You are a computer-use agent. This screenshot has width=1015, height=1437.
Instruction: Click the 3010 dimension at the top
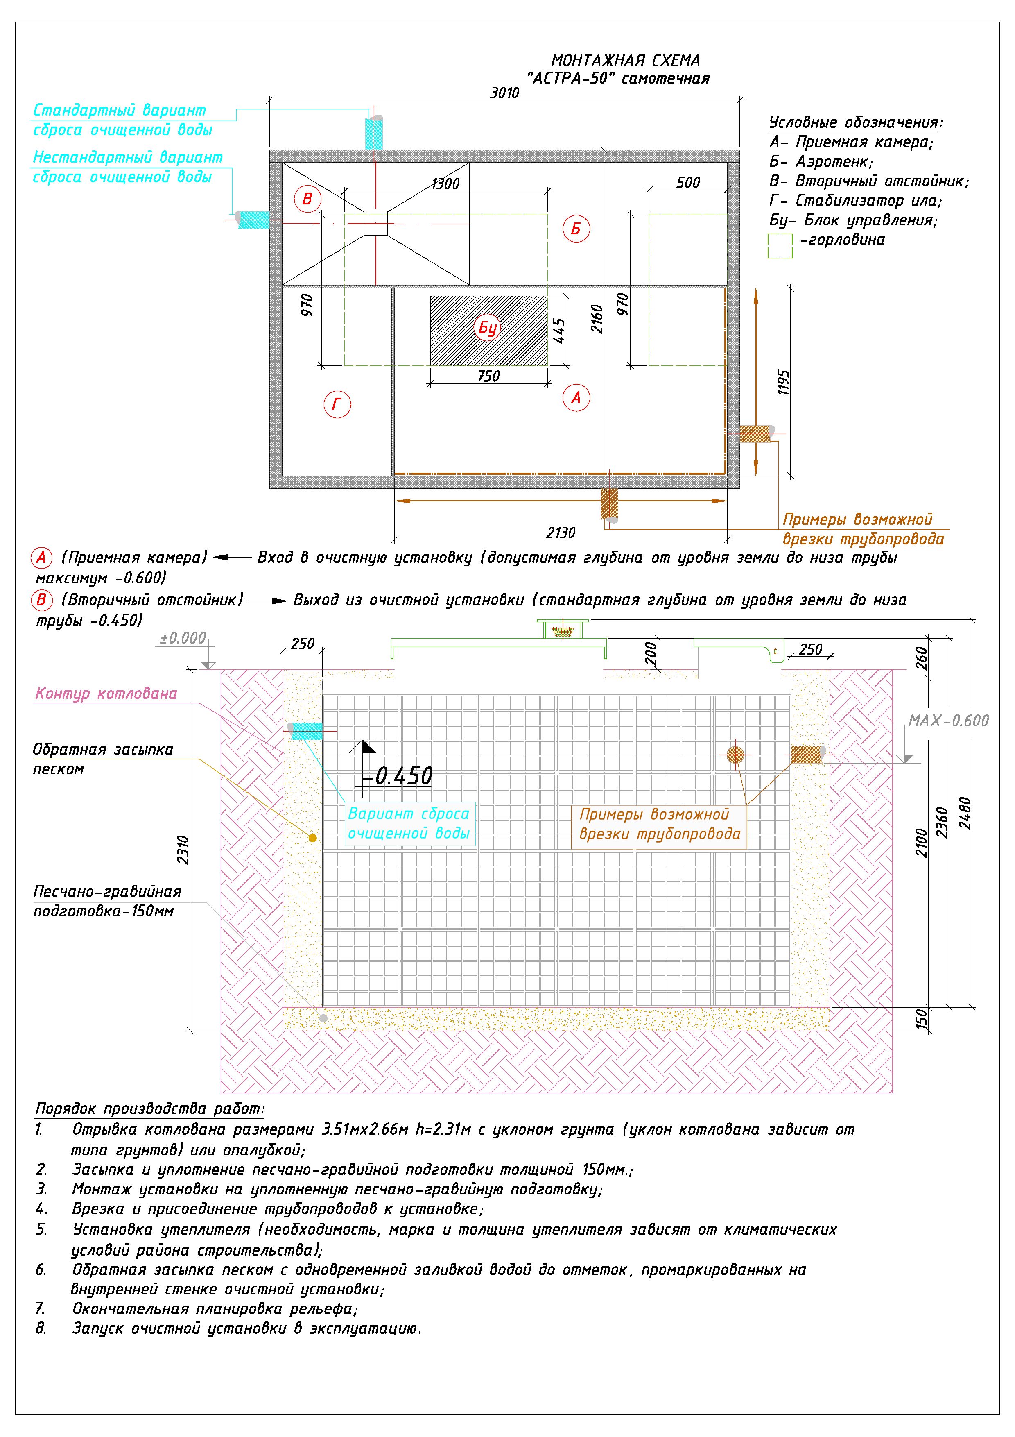504,93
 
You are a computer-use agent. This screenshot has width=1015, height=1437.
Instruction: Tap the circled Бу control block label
487,328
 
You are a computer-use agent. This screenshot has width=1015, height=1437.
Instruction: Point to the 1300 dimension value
445,184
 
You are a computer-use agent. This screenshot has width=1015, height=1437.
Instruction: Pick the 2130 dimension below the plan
561,533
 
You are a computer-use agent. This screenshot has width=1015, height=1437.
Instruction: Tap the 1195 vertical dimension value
784,383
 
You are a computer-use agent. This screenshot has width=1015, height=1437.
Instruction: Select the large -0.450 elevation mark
398,776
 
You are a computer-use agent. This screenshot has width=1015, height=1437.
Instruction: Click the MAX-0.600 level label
948,721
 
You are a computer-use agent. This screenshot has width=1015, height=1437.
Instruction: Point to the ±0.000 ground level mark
183,638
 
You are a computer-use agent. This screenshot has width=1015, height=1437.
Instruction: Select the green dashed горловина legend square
779,246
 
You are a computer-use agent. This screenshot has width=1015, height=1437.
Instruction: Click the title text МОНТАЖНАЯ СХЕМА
625,61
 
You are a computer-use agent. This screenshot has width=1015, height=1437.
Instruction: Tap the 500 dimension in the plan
687,183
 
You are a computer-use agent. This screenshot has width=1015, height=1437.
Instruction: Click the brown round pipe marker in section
735,755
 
